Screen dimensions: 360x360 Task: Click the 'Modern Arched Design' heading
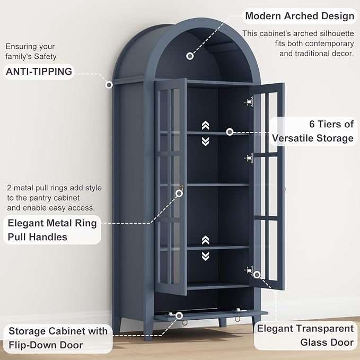300,16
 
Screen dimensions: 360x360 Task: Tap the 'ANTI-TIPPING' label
39,72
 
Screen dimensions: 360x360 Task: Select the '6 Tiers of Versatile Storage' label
313,131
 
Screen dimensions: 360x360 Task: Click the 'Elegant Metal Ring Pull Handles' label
52,230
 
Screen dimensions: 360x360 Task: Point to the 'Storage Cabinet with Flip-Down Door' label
58,338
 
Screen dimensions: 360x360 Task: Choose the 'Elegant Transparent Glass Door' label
305,336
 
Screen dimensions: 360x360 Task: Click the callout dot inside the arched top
190,56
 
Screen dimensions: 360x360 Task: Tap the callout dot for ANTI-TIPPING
109,85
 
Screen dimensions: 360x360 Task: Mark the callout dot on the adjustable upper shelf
230,132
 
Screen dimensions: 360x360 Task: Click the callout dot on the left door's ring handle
179,194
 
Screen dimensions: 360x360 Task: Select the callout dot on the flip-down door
179,315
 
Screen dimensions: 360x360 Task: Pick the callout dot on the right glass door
257,274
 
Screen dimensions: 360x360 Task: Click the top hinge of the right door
249,101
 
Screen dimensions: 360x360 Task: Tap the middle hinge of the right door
249,158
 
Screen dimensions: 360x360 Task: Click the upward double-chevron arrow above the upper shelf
206,125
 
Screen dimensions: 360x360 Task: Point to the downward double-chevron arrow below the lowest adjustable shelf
206,256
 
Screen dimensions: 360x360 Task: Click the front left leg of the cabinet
148,329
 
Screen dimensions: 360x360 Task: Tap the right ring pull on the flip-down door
237,319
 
